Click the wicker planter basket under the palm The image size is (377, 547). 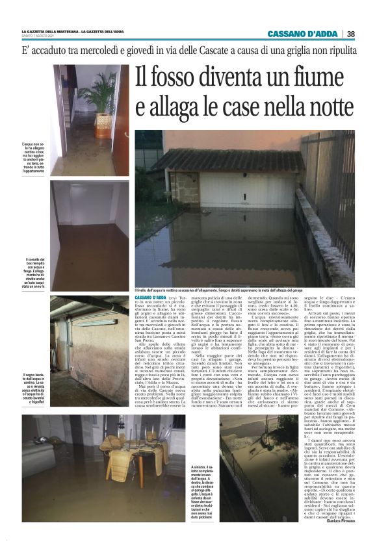coord(103,121)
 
